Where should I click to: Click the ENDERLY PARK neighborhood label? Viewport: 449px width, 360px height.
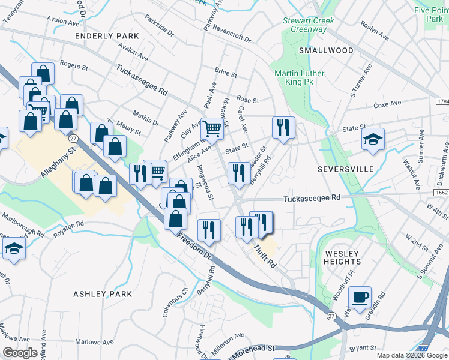click(x=107, y=36)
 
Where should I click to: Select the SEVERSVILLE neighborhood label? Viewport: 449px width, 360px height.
click(x=343, y=170)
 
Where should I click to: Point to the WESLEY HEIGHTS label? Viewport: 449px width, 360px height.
click(x=343, y=257)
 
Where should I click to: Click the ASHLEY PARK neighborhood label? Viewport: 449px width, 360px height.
click(x=102, y=294)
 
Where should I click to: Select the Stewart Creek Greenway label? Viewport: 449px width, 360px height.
click(x=309, y=25)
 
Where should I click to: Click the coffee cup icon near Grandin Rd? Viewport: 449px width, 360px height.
click(x=360, y=296)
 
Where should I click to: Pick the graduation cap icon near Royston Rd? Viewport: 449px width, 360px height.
click(x=13, y=247)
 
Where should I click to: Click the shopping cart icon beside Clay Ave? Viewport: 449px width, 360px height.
click(x=211, y=127)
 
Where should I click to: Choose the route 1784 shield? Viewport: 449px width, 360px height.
click(x=440, y=102)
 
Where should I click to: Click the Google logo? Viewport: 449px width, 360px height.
click(x=20, y=352)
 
